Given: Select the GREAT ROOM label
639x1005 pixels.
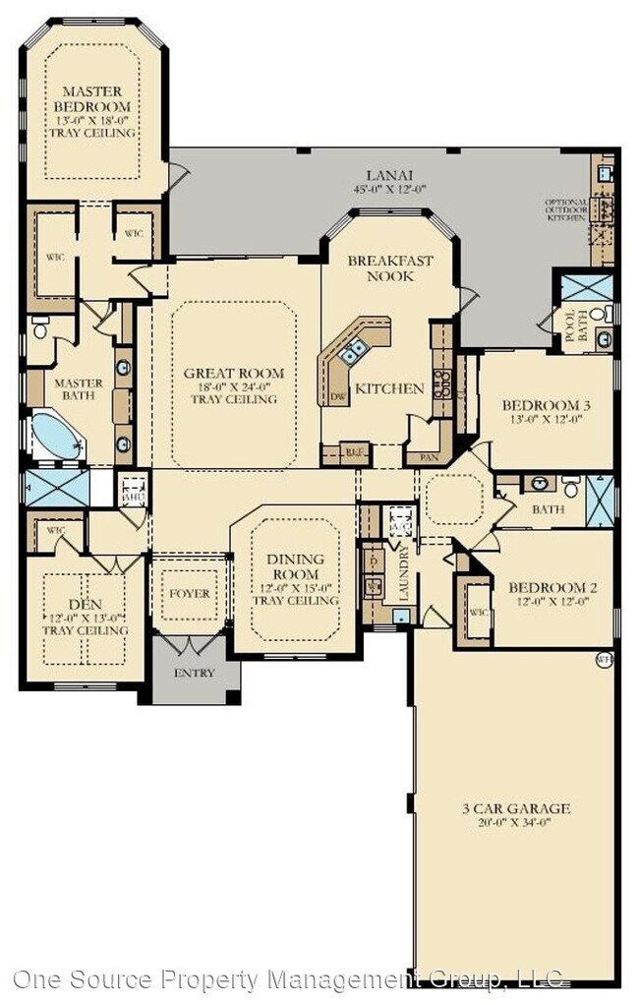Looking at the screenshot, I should pyautogui.click(x=234, y=374).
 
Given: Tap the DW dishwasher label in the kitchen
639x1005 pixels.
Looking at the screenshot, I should pyautogui.click(x=337, y=395).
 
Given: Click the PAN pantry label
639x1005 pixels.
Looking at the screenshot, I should pyautogui.click(x=428, y=456).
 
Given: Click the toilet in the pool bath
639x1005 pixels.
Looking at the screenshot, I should pyautogui.click(x=608, y=314).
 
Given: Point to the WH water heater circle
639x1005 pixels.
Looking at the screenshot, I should pyautogui.click(x=603, y=660).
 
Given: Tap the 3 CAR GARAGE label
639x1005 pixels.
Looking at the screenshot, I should pyautogui.click(x=515, y=809).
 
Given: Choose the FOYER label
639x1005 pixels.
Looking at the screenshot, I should pyautogui.click(x=189, y=594).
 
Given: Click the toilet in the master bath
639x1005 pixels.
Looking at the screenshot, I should pyautogui.click(x=40, y=328).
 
